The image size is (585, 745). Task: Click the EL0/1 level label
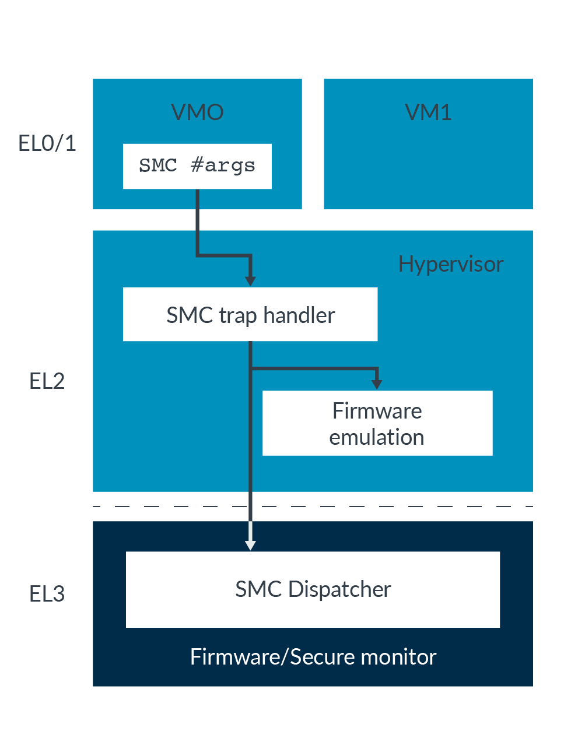point(47,143)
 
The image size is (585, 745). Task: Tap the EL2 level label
point(47,381)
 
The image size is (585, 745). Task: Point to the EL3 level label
point(47,594)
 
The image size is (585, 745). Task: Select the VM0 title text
point(197,112)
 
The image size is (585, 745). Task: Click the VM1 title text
point(428,112)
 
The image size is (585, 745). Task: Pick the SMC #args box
point(197,166)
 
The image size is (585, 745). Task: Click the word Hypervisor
point(450,264)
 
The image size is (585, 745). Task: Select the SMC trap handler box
point(250,314)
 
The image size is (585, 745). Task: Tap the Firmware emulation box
point(377,423)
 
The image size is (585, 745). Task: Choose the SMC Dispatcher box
point(313,589)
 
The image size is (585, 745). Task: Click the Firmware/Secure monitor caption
point(313,657)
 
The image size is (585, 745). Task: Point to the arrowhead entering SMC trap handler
point(250,280)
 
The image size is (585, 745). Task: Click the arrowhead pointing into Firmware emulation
point(377,384)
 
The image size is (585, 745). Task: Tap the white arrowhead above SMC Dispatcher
point(250,544)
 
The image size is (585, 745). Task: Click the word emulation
point(377,437)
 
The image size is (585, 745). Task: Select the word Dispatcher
point(339,589)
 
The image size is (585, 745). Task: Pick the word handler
point(299,315)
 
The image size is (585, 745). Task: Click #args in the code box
point(223,166)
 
